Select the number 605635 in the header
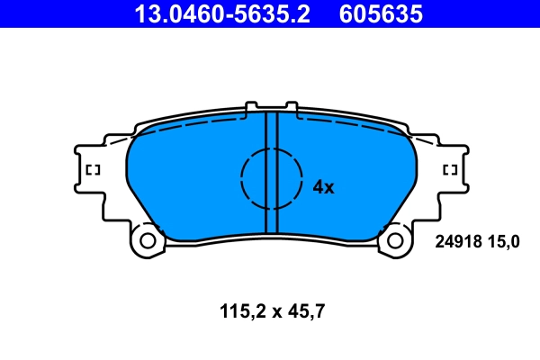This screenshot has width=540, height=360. coord(380,13)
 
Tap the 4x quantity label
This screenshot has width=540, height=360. coord(322,187)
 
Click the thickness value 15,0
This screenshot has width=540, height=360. coord(504,241)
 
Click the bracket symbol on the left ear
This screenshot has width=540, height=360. coord(91,170)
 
